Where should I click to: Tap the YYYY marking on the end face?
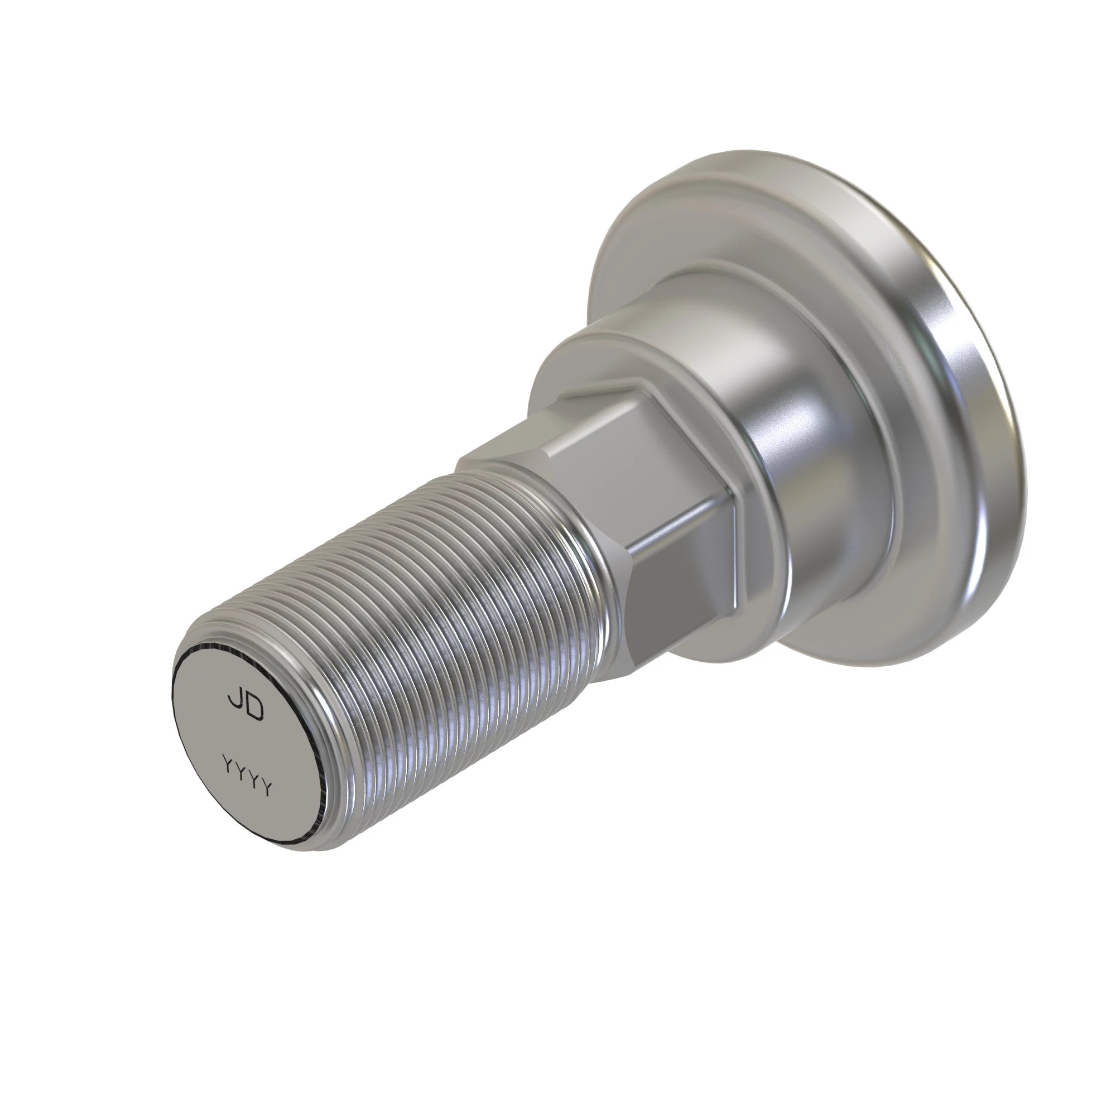pyautogui.click(x=247, y=776)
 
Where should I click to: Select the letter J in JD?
pyautogui.click(x=235, y=700)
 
